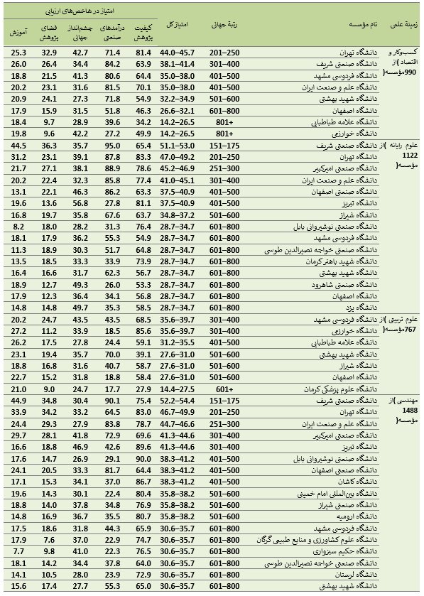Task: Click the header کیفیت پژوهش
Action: coord(143,29)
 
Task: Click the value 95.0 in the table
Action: coord(112,144)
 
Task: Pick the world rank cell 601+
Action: coord(224,389)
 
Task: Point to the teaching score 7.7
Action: coord(19,551)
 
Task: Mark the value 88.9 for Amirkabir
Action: coord(112,168)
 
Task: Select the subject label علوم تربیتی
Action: coord(402,320)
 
